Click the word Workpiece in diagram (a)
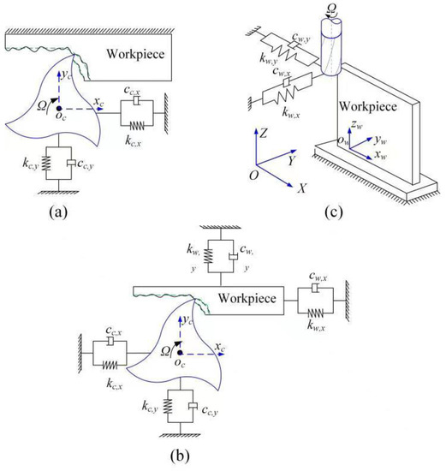tap(136, 53)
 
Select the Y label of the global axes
tap(294, 158)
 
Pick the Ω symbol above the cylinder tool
tap(329, 9)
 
